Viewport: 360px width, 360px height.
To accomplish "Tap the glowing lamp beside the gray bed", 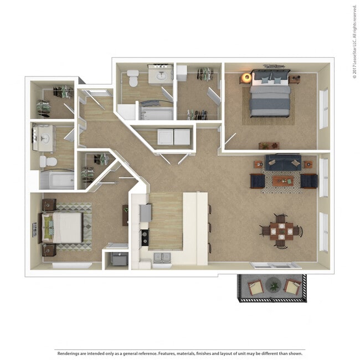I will pyautogui.click(x=246, y=78).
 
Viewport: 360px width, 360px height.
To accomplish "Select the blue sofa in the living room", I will pyautogui.click(x=281, y=162).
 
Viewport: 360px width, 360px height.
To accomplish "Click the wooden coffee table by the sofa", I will pyautogui.click(x=282, y=181).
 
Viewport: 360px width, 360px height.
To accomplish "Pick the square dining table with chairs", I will pyautogui.click(x=281, y=230).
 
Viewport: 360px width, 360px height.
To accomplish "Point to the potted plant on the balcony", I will pyautogui.click(x=273, y=286).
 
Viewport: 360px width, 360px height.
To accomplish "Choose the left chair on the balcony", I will pyautogui.click(x=256, y=287).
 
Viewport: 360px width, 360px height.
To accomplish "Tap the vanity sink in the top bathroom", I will pyautogui.click(x=161, y=76).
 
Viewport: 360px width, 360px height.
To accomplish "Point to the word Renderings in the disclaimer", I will pyautogui.click(x=68, y=353).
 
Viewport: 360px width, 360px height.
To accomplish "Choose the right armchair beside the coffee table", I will pyautogui.click(x=308, y=181).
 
